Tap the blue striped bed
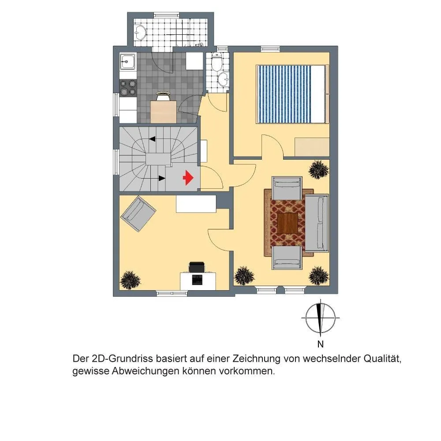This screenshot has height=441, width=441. [292, 94]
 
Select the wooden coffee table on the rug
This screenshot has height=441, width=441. [288, 223]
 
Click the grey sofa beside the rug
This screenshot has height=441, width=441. [317, 222]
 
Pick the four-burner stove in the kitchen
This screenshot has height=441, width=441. [128, 87]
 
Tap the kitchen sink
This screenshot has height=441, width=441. [127, 61]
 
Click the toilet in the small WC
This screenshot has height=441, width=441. [217, 61]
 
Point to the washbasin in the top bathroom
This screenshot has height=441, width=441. [140, 32]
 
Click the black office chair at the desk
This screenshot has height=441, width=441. [197, 267]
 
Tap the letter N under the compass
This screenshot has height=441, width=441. [320, 344]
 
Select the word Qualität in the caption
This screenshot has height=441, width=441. [382, 359]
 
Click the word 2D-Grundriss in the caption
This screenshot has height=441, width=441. [122, 359]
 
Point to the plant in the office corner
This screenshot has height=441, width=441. [130, 280]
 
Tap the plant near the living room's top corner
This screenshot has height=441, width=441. [319, 170]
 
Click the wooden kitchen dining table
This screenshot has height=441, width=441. [164, 112]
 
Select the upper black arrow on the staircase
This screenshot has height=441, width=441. [152, 138]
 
